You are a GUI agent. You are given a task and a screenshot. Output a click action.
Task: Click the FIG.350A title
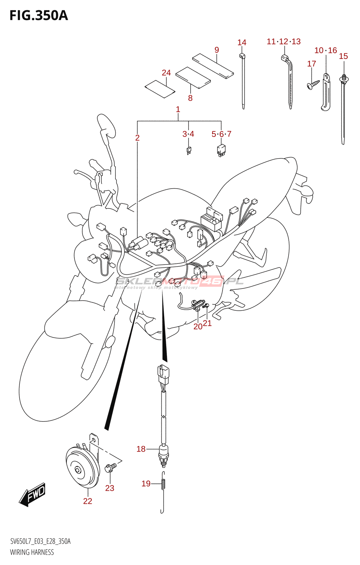coord(38,16)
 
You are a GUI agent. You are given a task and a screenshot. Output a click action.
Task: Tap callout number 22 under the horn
coord(88,501)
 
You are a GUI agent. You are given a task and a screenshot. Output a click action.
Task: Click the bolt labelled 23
coord(110,468)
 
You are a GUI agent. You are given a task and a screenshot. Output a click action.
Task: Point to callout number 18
coord(141,449)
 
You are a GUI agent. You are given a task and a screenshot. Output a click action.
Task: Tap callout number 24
coord(166,73)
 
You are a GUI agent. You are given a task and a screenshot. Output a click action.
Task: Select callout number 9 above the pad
coord(217,50)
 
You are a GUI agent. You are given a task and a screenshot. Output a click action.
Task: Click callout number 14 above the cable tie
coord(242,43)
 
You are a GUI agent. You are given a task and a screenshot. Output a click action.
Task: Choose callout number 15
coord(343,56)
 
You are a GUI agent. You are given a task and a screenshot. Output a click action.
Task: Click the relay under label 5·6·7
coord(221,150)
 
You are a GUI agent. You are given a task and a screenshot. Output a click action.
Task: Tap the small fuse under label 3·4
coord(189,151)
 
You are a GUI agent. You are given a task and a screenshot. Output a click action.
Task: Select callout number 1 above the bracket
coord(178,109)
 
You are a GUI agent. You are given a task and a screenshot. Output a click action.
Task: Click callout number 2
coord(137,138)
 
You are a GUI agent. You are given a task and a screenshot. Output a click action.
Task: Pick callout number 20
coord(198,327)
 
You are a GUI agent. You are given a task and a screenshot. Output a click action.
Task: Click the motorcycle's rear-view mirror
coord(106,126)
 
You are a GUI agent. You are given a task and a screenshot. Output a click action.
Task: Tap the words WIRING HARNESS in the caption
coord(32,552)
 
